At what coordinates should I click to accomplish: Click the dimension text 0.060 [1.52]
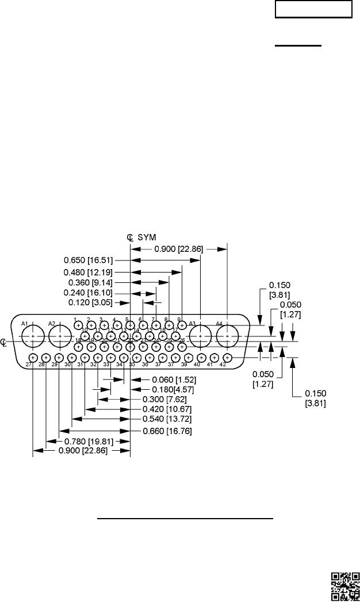coord(171,380)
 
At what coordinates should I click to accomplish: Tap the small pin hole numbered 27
coord(33,358)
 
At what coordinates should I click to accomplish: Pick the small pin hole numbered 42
coord(227,358)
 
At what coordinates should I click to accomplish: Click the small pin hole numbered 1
coord(78,325)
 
